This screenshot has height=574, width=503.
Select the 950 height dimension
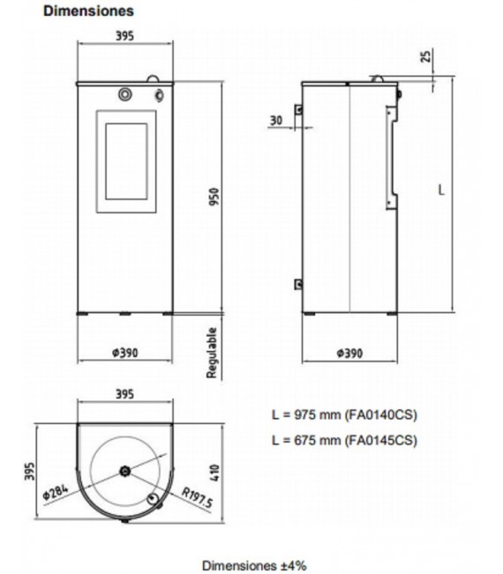214,198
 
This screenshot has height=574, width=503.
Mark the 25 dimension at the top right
427,57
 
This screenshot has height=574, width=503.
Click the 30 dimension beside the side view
277,120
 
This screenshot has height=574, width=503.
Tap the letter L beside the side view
441,190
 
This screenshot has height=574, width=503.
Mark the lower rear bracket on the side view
299,283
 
